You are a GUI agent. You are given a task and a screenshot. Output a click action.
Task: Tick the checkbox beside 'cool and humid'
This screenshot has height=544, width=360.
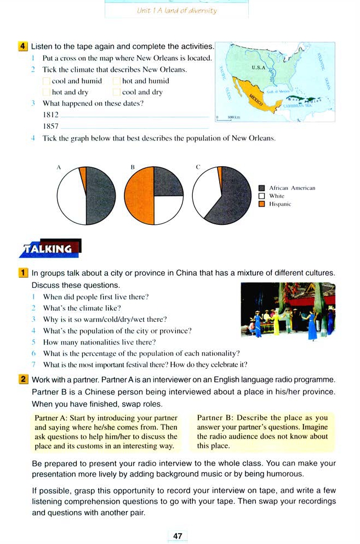pyautogui.click(x=47, y=81)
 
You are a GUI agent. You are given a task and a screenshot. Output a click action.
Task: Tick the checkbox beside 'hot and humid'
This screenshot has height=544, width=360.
pyautogui.click(x=117, y=81)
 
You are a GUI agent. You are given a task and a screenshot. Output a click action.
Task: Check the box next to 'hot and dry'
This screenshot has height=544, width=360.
pyautogui.click(x=47, y=92)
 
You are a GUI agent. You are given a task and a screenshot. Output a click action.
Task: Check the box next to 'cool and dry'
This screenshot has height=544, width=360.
pyautogui.click(x=117, y=92)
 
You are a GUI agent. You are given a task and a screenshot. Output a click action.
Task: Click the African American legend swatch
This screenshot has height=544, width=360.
pyautogui.click(x=262, y=188)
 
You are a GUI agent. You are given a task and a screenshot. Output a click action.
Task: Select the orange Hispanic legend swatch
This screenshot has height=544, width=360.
pyautogui.click(x=262, y=203)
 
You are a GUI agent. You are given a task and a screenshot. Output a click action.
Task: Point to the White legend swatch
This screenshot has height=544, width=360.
pyautogui.click(x=262, y=196)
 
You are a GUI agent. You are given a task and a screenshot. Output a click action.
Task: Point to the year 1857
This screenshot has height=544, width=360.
pyautogui.click(x=50, y=126)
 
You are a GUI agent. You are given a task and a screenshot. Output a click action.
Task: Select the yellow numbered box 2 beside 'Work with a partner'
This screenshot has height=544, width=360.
pyautogui.click(x=24, y=379)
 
